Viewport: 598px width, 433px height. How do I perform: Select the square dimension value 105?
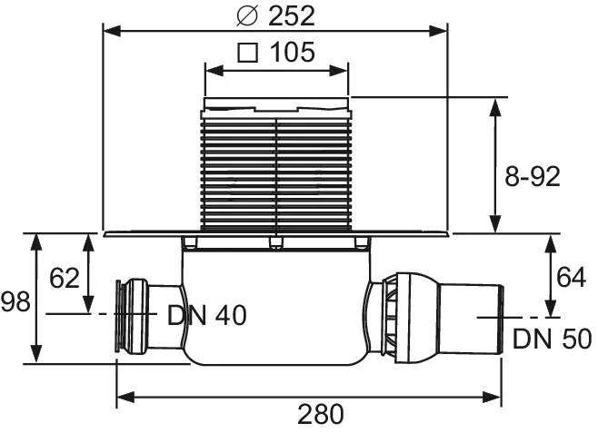coord(291,53)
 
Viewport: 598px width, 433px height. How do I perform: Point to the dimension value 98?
coord(15,300)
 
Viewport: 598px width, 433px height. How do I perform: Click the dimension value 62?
coord(65,278)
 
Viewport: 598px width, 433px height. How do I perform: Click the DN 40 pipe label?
coord(206,315)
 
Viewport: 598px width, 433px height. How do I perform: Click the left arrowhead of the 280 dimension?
coord(123,396)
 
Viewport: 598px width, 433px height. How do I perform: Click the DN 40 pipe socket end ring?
coord(120,314)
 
